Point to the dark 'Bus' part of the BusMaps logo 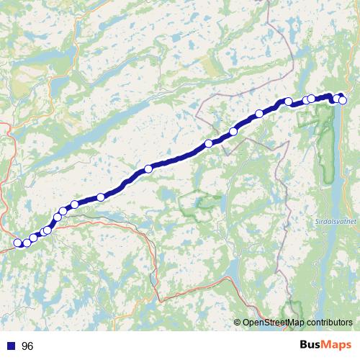coord(311,344)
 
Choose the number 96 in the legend coord(28,346)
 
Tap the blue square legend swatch coord(12,346)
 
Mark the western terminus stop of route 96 coord(18,243)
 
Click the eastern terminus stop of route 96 coord(343,99)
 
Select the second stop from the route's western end coord(27,243)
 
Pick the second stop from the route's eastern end coord(337,98)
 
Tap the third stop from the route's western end coord(34,238)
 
